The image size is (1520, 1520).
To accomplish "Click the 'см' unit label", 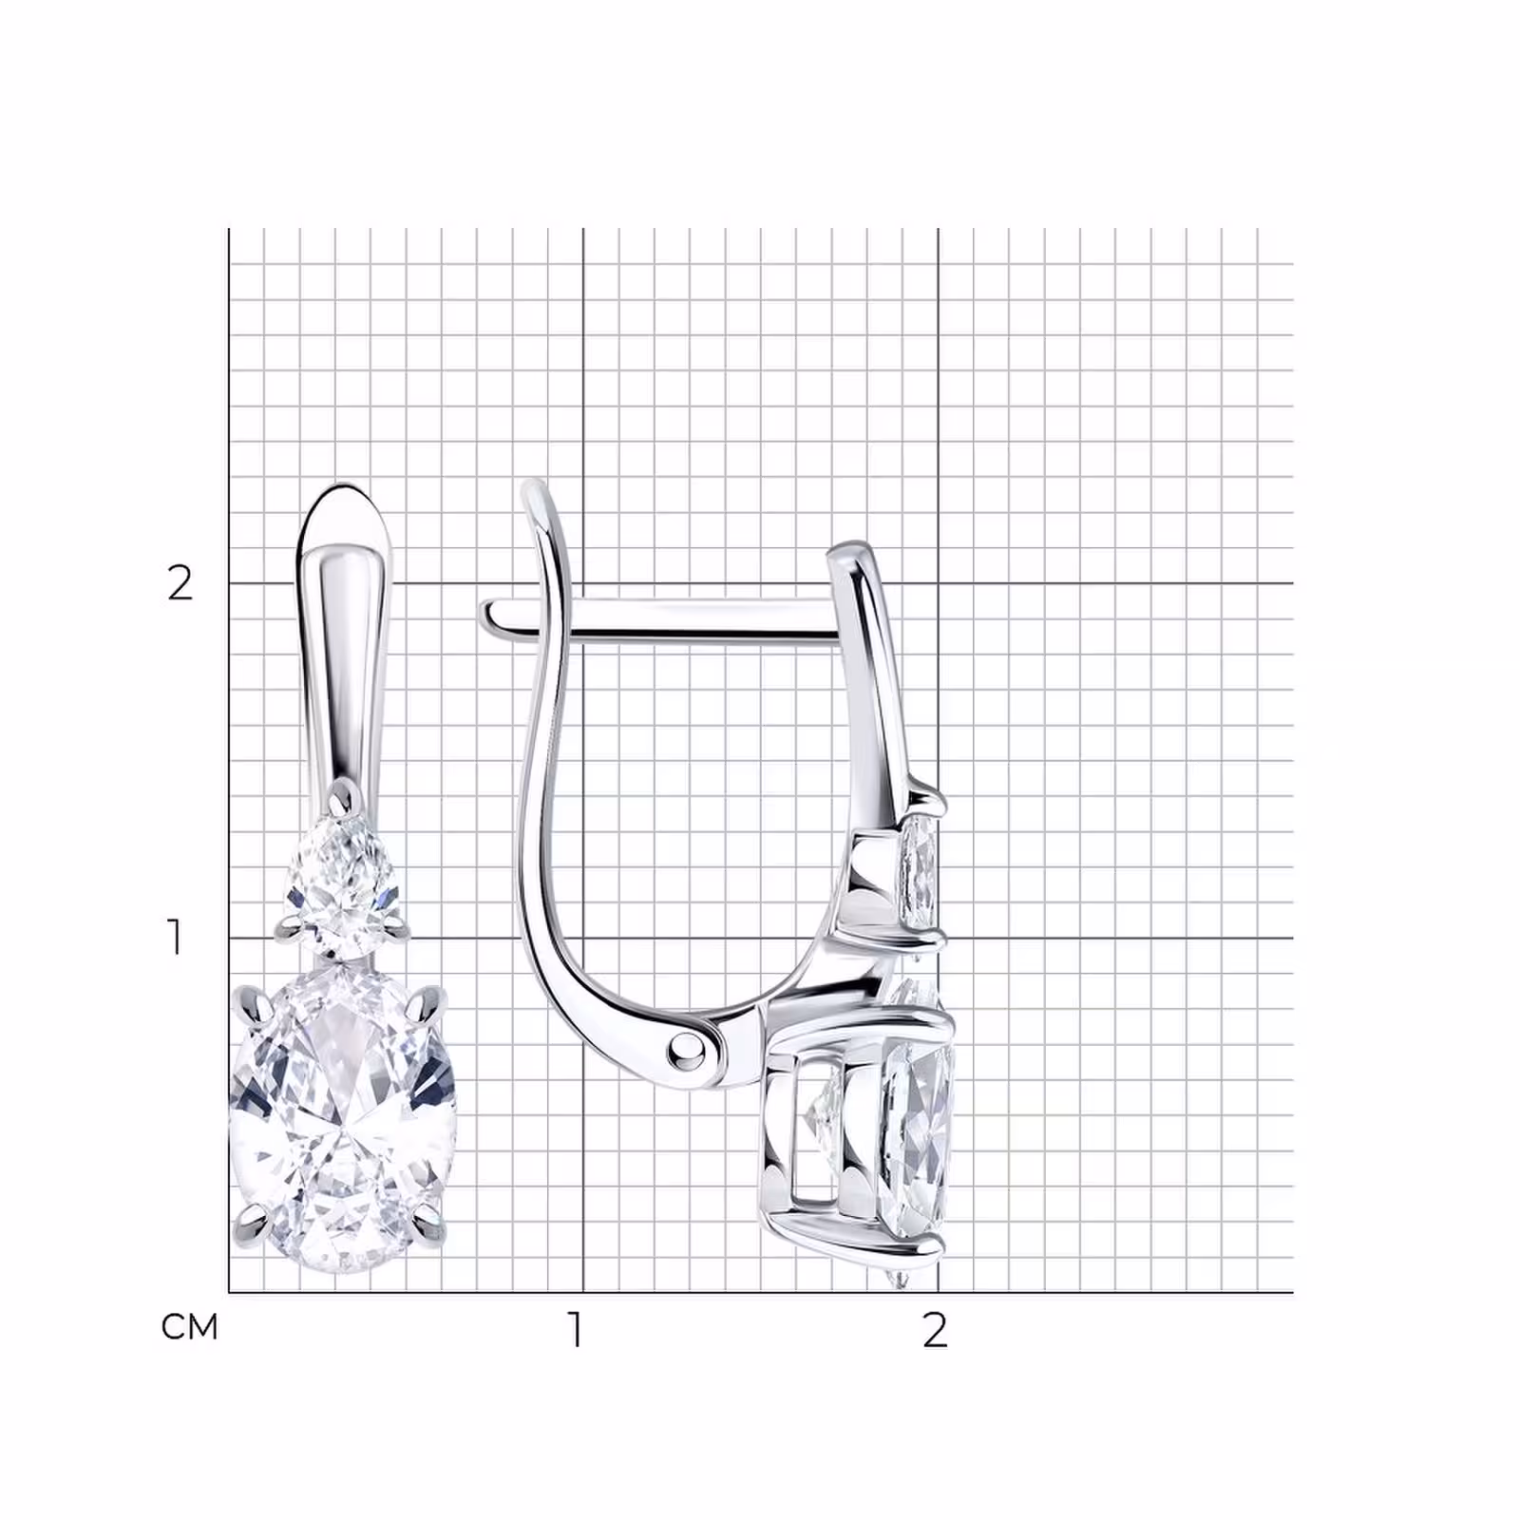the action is click(189, 1327).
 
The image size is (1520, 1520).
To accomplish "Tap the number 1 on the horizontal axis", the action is click(576, 1329).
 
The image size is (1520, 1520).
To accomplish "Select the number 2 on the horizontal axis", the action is click(936, 1330).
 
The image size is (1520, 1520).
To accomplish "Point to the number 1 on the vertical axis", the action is click(175, 937).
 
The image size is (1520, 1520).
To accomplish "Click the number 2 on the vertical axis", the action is click(180, 583).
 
